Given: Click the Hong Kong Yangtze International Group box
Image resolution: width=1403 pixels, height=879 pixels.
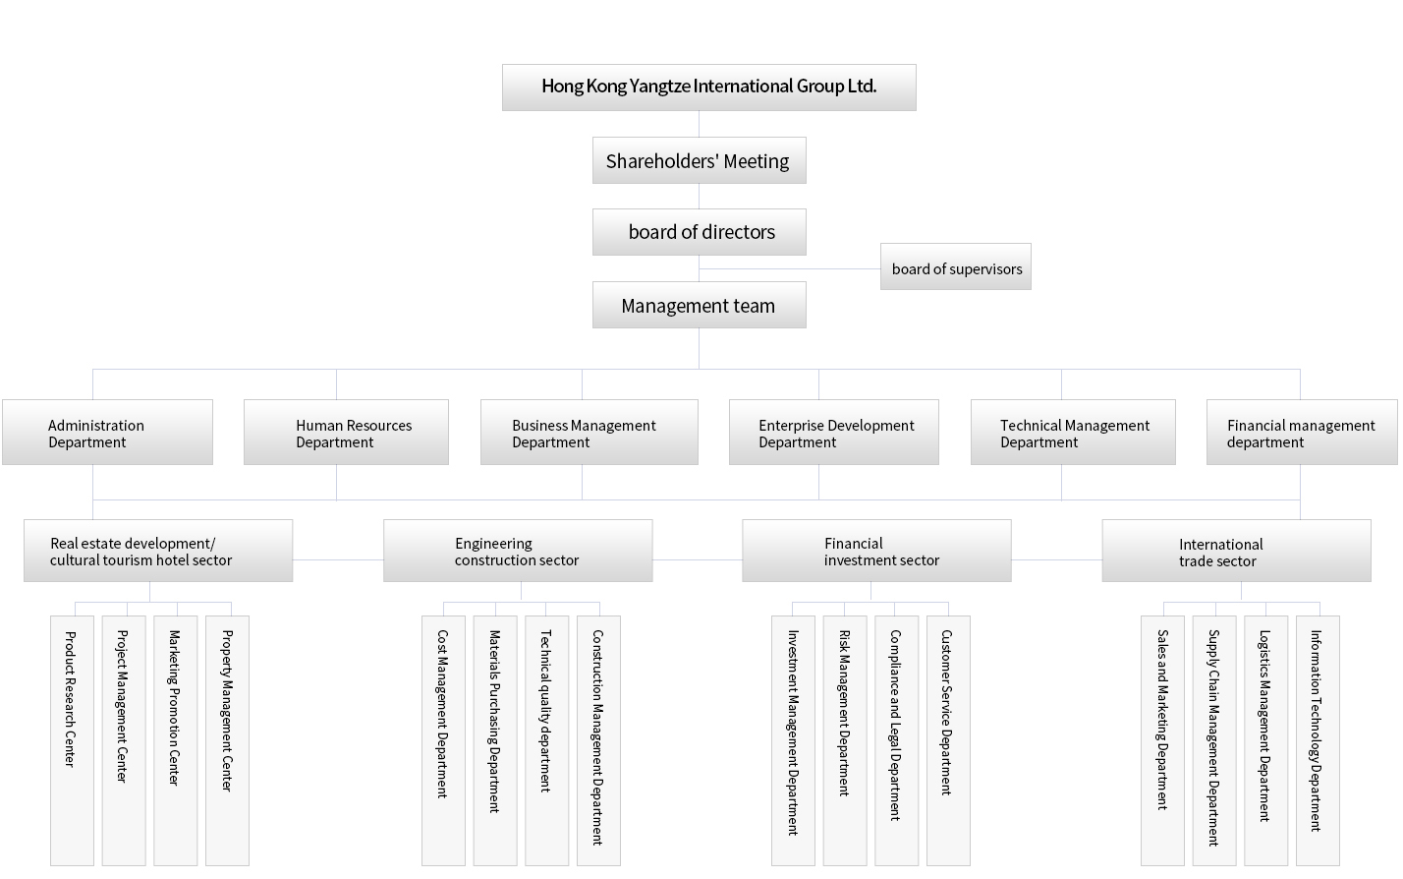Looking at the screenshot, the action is [x=709, y=88].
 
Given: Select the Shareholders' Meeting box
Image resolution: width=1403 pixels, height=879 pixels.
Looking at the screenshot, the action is [x=699, y=160].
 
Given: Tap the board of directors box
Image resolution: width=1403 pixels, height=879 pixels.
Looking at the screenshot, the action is [x=699, y=232].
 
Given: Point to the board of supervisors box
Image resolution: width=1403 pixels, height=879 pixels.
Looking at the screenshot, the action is [x=956, y=266].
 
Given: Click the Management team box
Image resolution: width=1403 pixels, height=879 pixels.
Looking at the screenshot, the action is [x=699, y=305].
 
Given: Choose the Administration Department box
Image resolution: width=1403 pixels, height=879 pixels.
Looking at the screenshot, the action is [x=108, y=432].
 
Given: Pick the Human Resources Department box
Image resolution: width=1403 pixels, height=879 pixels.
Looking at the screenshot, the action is [x=347, y=432].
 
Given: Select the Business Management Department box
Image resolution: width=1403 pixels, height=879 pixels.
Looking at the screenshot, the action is [x=589, y=432].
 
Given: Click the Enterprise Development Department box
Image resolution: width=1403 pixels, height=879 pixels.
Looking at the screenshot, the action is [x=834, y=432].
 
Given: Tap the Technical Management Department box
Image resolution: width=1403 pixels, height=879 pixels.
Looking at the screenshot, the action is [x=1073, y=432].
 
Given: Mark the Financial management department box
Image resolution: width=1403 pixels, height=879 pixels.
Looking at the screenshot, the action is [x=1302, y=432].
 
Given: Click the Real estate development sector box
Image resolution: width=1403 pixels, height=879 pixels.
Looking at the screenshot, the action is [x=158, y=551].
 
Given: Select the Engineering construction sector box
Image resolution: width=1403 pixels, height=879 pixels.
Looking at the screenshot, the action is [x=518, y=551].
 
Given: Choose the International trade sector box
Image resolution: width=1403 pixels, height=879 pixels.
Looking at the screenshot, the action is [x=1236, y=551].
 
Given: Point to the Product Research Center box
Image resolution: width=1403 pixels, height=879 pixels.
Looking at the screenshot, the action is [x=72, y=740].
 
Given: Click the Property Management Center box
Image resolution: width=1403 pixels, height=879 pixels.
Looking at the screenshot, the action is [x=227, y=740].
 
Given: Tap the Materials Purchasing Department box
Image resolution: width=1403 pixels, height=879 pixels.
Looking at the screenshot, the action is [x=495, y=740].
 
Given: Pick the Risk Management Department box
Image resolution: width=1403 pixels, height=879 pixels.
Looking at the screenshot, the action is [x=845, y=740].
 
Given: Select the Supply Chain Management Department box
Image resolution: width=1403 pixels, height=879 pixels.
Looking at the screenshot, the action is [x=1214, y=740].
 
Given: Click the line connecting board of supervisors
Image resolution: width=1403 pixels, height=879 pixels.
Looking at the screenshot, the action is [x=790, y=269].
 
